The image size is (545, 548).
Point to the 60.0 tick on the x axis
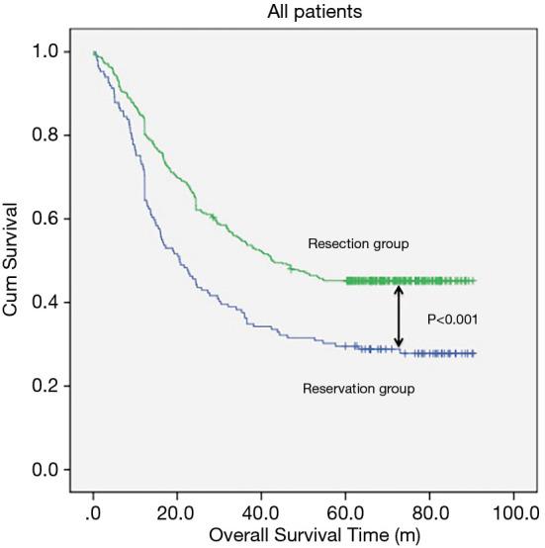tap(343, 514)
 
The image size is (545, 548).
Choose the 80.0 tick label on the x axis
tap(427, 514)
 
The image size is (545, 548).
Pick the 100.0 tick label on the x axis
tap(509, 514)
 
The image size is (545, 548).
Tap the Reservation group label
tap(358, 389)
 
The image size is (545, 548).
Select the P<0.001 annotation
tap(452, 320)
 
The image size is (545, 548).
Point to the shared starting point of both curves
tap(94, 52)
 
